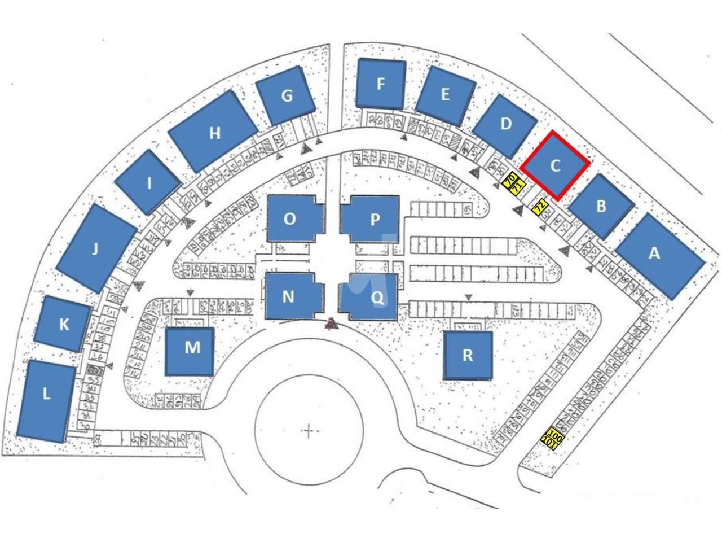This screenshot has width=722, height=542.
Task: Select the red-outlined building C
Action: point(556,165)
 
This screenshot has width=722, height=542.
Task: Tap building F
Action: point(381,84)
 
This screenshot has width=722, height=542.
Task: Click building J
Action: point(96,248)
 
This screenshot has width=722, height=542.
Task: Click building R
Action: point(467,356)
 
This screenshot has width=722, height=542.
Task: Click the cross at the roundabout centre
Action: point(309,432)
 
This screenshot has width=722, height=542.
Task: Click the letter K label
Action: point(64,324)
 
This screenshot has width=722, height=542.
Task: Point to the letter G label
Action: point(287,96)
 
